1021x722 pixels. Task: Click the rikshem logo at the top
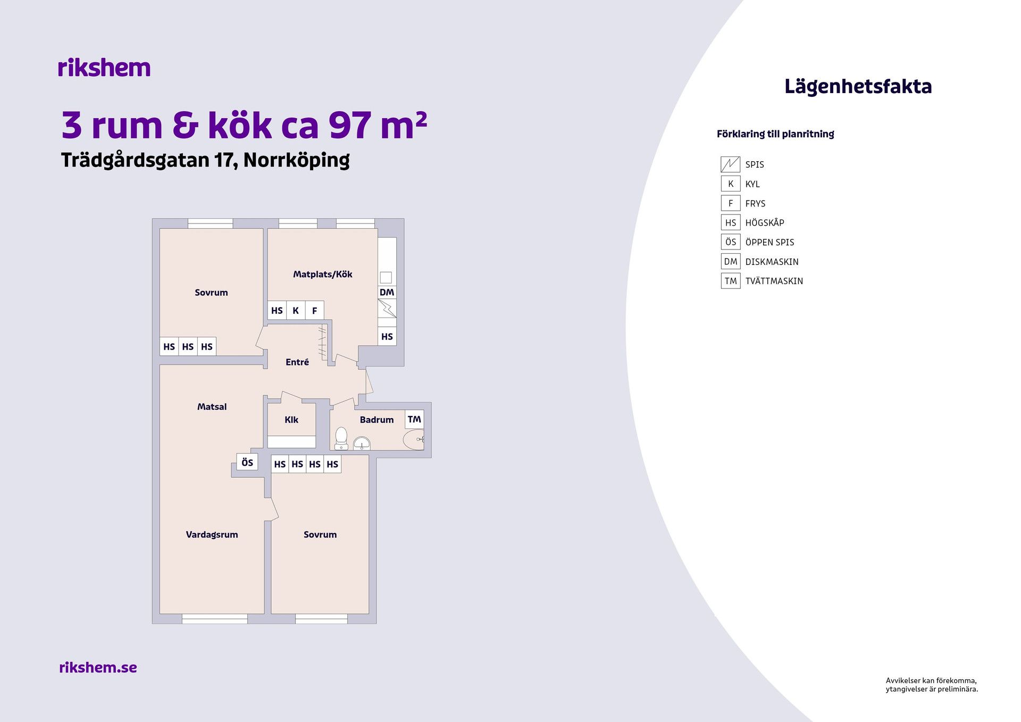[x=104, y=68]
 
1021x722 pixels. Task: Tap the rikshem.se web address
[x=98, y=667]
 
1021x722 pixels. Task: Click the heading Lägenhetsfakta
[x=858, y=87]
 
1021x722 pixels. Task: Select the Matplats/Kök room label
[x=322, y=274]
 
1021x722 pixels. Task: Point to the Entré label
[x=297, y=362]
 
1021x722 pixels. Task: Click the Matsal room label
[x=212, y=406]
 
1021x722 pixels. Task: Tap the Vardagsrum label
[x=212, y=535]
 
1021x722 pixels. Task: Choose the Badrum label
[x=376, y=420]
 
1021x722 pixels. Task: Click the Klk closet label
[x=291, y=420]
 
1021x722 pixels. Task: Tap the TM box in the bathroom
[x=414, y=419]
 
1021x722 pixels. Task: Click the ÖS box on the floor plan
[x=247, y=462]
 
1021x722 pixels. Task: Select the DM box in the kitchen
[x=387, y=292]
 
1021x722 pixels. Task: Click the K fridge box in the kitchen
[x=296, y=310]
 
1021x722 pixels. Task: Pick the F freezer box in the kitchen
[x=314, y=310]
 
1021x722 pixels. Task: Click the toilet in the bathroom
[x=341, y=438]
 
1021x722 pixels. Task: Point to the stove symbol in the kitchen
[x=387, y=308]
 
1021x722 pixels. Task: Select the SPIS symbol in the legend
[x=730, y=164]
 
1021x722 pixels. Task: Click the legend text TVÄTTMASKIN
[x=774, y=281]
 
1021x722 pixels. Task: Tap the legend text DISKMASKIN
[x=772, y=262]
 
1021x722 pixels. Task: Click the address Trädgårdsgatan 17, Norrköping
[x=205, y=160]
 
